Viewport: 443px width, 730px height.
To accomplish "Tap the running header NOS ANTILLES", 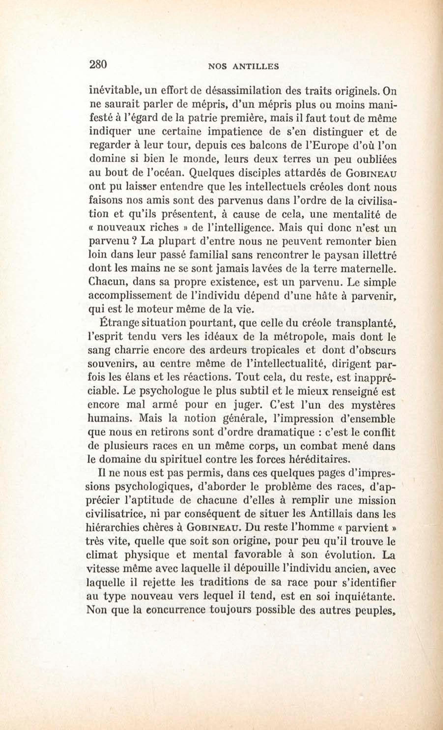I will [x=243, y=67].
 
